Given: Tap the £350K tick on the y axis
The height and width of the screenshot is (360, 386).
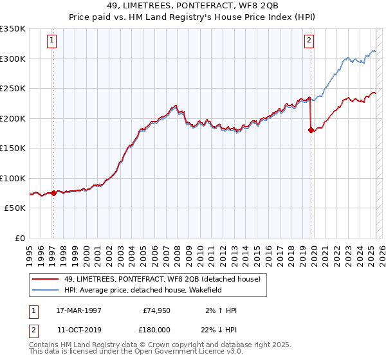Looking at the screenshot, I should coord(13,29).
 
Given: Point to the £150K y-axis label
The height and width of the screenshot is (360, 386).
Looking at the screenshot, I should coord(13,148).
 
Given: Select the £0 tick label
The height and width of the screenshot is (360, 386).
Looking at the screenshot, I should coord(21,239).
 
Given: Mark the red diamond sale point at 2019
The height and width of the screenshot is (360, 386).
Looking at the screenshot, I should coord(311,130).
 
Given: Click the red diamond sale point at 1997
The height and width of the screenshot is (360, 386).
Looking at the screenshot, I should coord(53,193).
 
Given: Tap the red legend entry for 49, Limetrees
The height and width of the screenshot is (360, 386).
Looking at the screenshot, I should coord(161,279).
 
